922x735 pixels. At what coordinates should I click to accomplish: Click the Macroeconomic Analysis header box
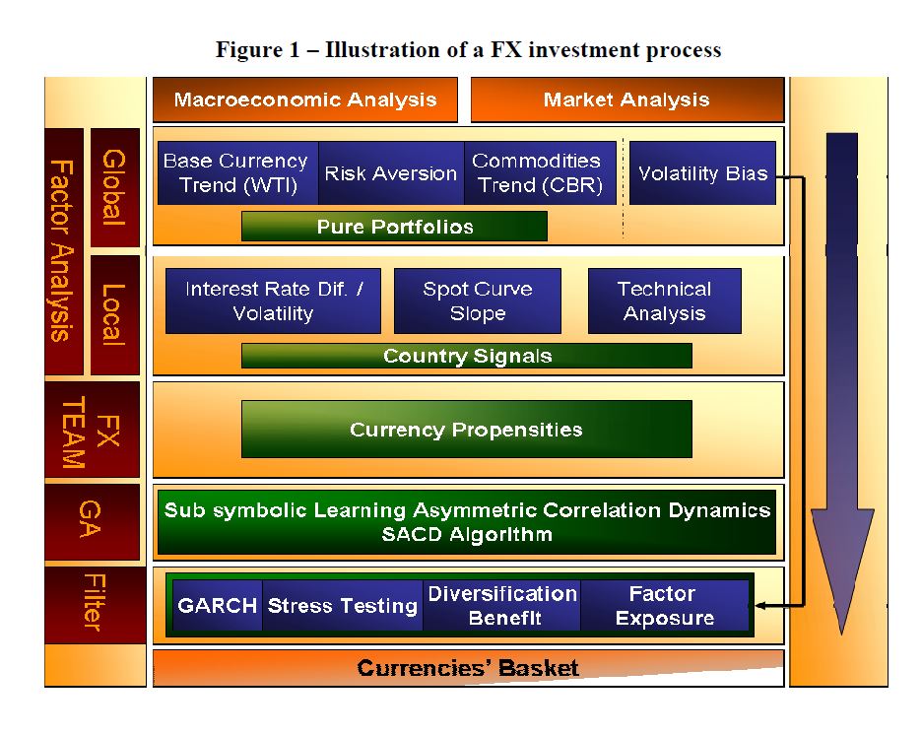pyautogui.click(x=305, y=100)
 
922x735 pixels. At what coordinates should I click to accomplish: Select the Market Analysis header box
pyautogui.click(x=627, y=100)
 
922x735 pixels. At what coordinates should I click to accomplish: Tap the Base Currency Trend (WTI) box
pyautogui.click(x=238, y=172)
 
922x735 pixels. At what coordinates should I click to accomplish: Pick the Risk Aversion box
pyautogui.click(x=391, y=172)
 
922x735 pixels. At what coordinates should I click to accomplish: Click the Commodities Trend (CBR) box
pyautogui.click(x=540, y=172)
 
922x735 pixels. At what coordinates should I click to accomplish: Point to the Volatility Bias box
pyautogui.click(x=702, y=172)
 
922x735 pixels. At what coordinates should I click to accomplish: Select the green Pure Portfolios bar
pyautogui.click(x=395, y=227)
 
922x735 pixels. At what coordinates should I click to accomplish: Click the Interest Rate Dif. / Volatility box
pyautogui.click(x=274, y=301)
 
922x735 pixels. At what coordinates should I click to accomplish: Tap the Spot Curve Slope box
pyautogui.click(x=478, y=301)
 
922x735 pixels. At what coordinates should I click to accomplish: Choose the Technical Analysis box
pyautogui.click(x=665, y=301)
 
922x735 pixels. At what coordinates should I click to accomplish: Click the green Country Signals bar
pyautogui.click(x=467, y=356)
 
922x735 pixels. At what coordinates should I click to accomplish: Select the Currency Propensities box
pyautogui.click(x=467, y=430)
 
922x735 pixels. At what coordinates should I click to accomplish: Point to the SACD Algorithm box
pyautogui.click(x=467, y=522)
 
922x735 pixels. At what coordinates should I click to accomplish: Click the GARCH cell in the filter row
pyautogui.click(x=218, y=606)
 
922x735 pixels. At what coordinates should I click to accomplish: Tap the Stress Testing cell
pyautogui.click(x=342, y=606)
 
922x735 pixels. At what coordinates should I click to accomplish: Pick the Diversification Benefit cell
pyautogui.click(x=501, y=606)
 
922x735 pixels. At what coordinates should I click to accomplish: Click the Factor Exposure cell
pyautogui.click(x=665, y=606)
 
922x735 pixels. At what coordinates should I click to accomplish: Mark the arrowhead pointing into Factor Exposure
pyautogui.click(x=758, y=606)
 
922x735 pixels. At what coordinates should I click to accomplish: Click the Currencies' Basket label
pyautogui.click(x=468, y=668)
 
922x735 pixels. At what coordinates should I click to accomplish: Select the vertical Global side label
pyautogui.click(x=114, y=187)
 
